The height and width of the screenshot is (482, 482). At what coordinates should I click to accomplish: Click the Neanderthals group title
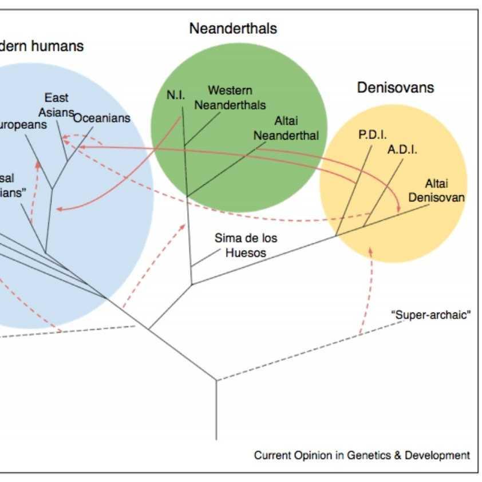tap(233, 28)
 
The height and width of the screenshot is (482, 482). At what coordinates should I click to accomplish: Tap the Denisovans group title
tap(396, 88)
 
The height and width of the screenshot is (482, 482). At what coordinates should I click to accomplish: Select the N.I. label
tap(176, 95)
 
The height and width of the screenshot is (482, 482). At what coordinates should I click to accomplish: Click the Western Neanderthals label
tap(230, 97)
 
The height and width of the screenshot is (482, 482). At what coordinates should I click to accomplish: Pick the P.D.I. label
tap(373, 135)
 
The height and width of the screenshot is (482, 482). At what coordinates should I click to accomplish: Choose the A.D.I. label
tap(402, 150)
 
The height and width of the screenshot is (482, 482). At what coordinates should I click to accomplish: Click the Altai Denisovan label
tap(444, 190)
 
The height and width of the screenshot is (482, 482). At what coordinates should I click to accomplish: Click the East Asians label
tap(57, 104)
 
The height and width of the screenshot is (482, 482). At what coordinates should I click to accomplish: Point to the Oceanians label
tap(102, 118)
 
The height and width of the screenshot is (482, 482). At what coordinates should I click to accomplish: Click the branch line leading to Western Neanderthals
tap(202, 129)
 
